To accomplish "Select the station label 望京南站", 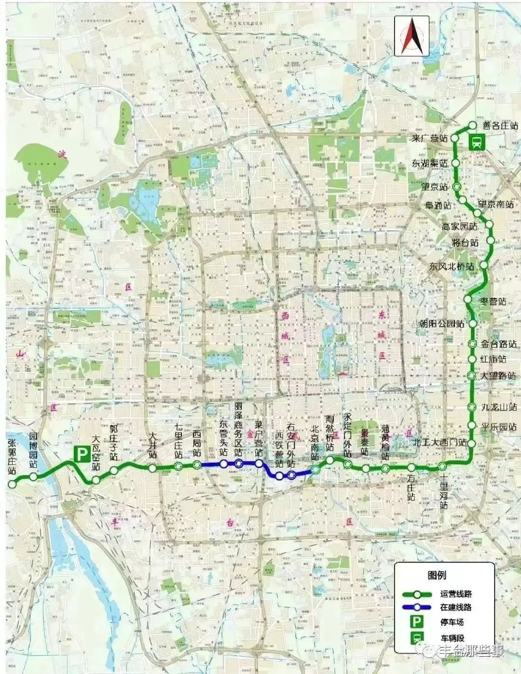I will click(x=495, y=205).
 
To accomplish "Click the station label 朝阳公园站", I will click(x=441, y=323).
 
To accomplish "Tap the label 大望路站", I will click(x=498, y=375).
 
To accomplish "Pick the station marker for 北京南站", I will click(x=315, y=469).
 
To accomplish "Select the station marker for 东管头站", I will click(x=223, y=464).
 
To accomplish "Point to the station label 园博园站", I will click(x=33, y=451).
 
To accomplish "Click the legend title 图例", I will click(x=437, y=575).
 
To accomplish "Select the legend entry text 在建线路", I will click(x=456, y=607).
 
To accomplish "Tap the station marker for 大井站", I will click(x=152, y=468).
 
